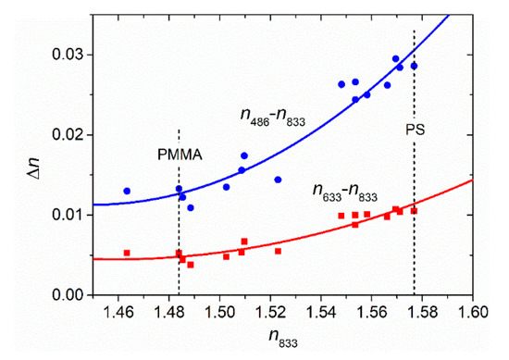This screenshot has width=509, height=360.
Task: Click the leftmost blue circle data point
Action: (127, 191)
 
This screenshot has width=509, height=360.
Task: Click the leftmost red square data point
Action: (127, 253)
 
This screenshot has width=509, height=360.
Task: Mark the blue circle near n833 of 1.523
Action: (278, 180)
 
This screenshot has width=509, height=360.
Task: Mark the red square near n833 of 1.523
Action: (278, 251)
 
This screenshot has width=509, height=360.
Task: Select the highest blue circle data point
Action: (395, 58)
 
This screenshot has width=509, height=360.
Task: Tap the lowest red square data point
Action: (191, 265)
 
